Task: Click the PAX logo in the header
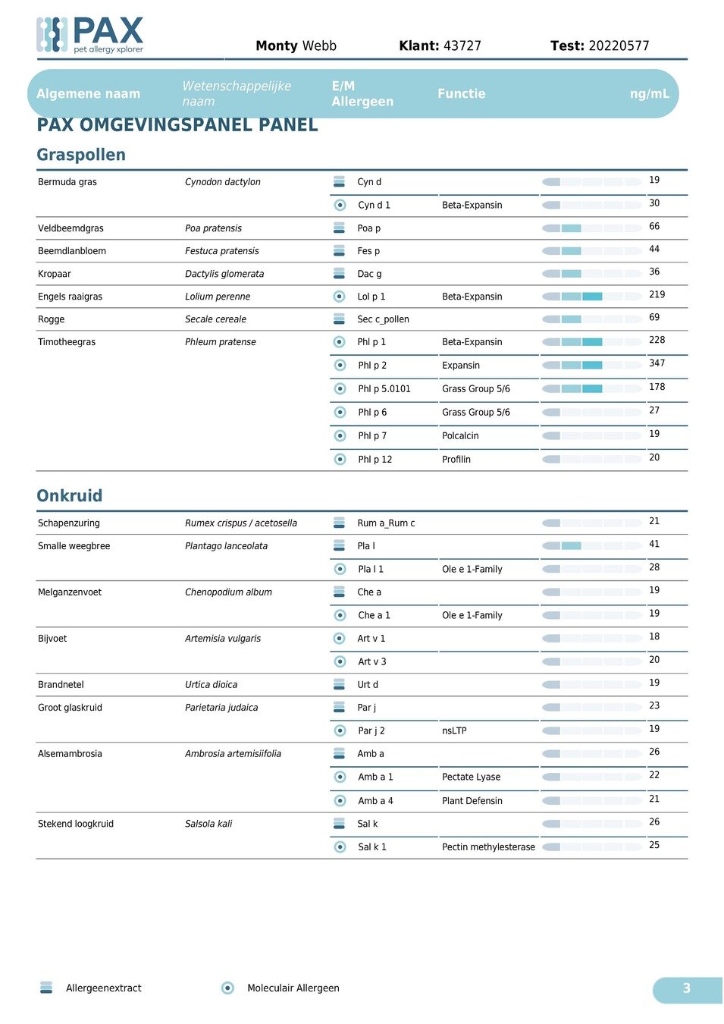[89, 35]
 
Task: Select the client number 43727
[462, 46]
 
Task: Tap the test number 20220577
[619, 46]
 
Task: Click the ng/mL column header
[649, 94]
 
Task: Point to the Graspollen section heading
[81, 155]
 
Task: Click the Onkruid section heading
[69, 495]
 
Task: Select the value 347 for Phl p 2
[657, 363]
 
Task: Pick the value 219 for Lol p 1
[657, 294]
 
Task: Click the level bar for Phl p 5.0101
[592, 388]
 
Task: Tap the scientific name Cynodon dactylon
[222, 182]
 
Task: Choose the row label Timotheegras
[67, 342]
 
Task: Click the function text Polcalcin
[460, 436]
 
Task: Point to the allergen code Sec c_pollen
[383, 319]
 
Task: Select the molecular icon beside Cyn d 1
[340, 205]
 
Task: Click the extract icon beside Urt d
[340, 684]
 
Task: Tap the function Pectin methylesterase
[488, 847]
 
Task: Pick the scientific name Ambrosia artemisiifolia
[233, 754]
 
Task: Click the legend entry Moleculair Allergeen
[293, 988]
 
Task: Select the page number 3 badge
[686, 988]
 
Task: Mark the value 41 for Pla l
[654, 544]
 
